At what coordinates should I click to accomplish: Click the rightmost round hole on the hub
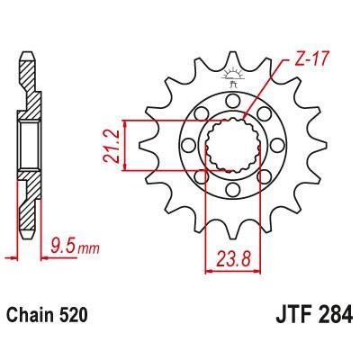point(279,144)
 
